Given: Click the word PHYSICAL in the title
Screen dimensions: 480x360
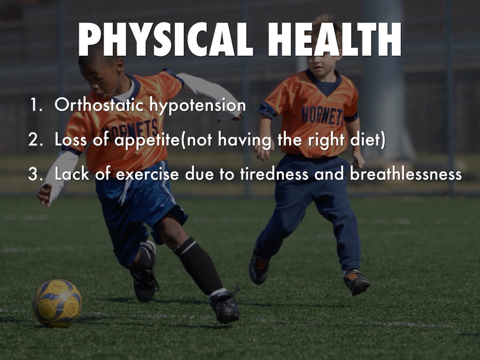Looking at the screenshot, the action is (x=165, y=39).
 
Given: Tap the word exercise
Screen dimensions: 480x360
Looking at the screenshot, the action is (x=147, y=174).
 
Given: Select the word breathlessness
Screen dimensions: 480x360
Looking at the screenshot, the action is (x=406, y=174).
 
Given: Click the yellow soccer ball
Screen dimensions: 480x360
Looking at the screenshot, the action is (x=57, y=303).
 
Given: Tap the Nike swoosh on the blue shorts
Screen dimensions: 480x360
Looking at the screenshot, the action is (x=163, y=204).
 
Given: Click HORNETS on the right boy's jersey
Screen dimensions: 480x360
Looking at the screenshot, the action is (x=322, y=115).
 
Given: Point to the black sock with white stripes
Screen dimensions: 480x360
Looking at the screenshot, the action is (x=198, y=266).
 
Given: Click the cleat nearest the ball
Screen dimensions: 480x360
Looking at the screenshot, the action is (x=144, y=280).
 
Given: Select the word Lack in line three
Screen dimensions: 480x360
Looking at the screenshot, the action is (x=72, y=174).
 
